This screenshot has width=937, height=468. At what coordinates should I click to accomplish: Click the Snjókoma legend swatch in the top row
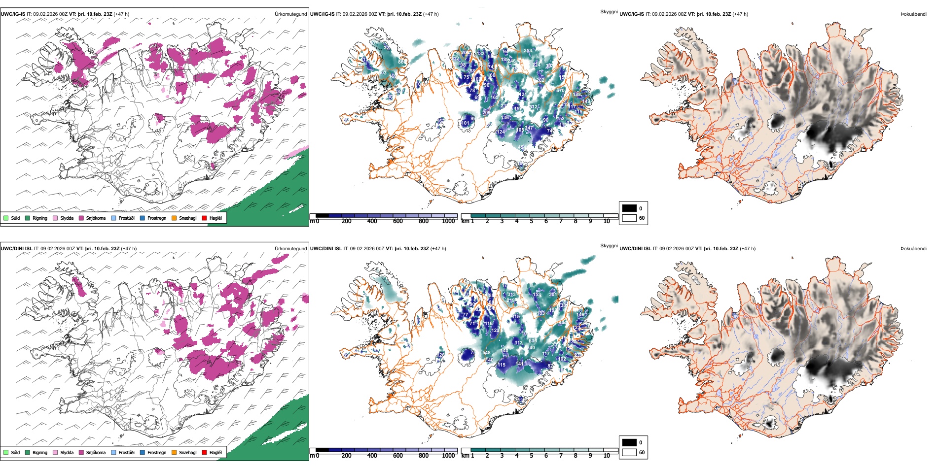pyautogui.click(x=81, y=218)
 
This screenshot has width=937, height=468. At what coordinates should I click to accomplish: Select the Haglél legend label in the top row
pyautogui.click(x=216, y=218)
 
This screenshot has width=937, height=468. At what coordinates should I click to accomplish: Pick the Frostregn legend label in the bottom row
pyautogui.click(x=157, y=452)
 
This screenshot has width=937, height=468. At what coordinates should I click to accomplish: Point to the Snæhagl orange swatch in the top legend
pyautogui.click(x=174, y=218)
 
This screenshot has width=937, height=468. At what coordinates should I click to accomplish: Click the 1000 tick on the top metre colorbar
pyautogui.click(x=448, y=221)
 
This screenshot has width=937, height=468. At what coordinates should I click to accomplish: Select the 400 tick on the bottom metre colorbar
pyautogui.click(x=372, y=456)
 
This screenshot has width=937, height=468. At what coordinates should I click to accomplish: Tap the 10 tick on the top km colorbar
pyautogui.click(x=607, y=221)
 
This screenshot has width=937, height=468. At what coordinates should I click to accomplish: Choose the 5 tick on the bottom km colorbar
pyautogui.click(x=532, y=456)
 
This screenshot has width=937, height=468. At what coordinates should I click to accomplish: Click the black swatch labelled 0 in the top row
pyautogui.click(x=629, y=208)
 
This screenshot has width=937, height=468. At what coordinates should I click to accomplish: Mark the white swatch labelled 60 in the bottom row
pyautogui.click(x=629, y=452)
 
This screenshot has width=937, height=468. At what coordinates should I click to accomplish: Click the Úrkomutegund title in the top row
pyautogui.click(x=290, y=14)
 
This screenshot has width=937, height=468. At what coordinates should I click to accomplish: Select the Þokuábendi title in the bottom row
pyautogui.click(x=913, y=249)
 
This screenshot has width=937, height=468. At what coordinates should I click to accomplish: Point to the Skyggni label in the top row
pyautogui.click(x=609, y=11)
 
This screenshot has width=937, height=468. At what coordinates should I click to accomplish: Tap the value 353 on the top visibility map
pyautogui.click(x=528, y=51)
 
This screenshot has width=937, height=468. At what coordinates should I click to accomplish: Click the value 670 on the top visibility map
pyautogui.click(x=560, y=91)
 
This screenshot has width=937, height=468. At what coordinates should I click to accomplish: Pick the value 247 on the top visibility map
pyautogui.click(x=529, y=128)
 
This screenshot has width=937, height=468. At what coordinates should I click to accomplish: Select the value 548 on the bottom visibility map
pyautogui.click(x=486, y=353)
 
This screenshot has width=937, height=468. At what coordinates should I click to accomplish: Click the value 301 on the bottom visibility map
pyautogui.click(x=553, y=295)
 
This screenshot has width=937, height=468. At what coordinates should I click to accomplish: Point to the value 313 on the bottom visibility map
pyautogui.click(x=511, y=295)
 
